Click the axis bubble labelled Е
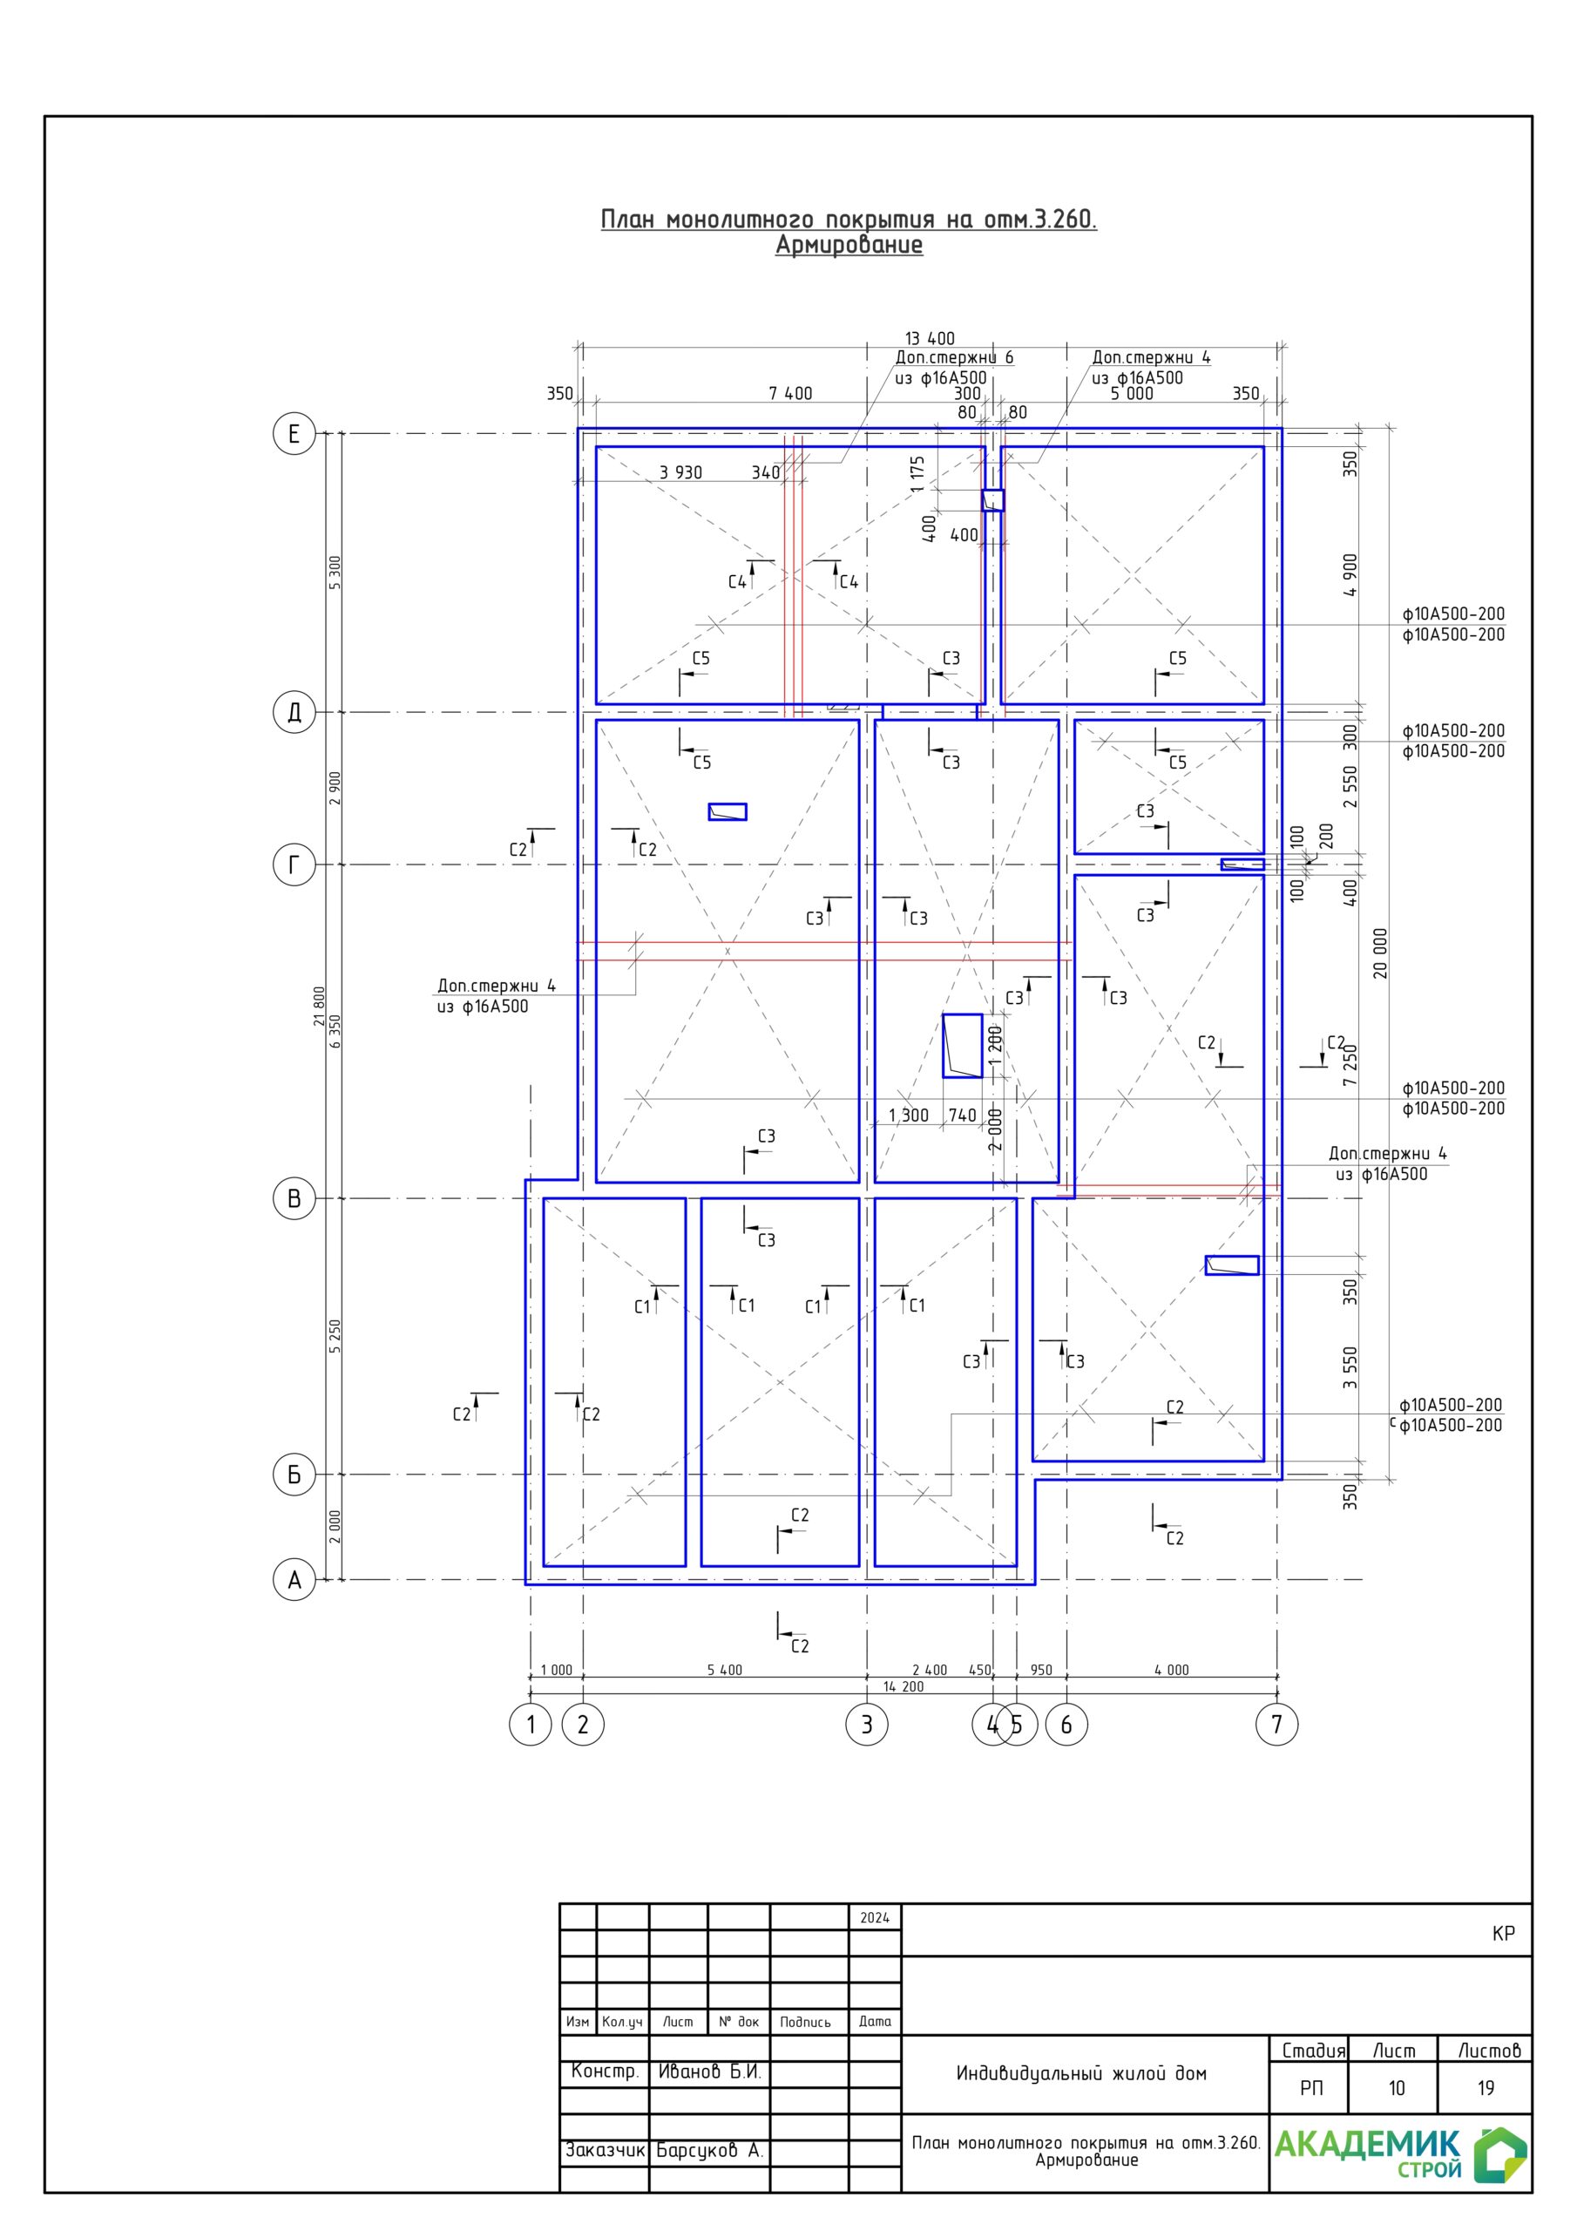(x=294, y=433)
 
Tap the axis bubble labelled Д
(x=294, y=712)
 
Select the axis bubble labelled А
(x=294, y=1580)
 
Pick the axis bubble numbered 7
(x=1276, y=1725)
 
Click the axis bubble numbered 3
(x=867, y=1725)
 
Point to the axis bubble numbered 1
(x=531, y=1725)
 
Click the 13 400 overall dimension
(x=930, y=338)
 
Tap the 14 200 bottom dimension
(x=904, y=1687)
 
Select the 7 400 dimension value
(x=790, y=394)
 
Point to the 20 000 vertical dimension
(x=1381, y=953)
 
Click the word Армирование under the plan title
(x=849, y=245)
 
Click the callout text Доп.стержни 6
(x=954, y=357)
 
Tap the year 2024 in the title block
(x=875, y=1918)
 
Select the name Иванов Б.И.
(x=709, y=2072)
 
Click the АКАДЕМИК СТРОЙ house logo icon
(x=1500, y=2155)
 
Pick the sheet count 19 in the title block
(x=1486, y=2088)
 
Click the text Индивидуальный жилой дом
(x=1081, y=2073)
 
